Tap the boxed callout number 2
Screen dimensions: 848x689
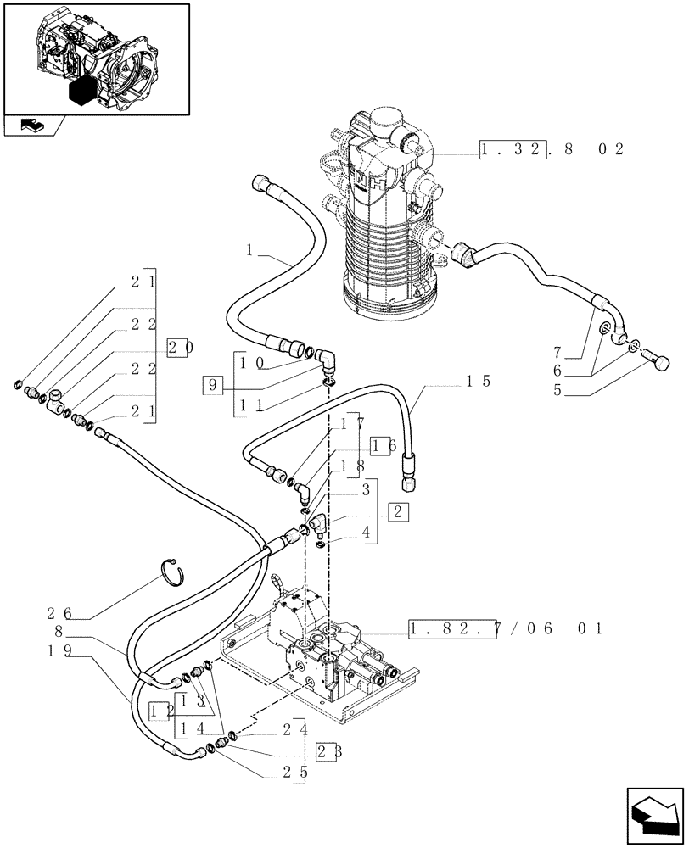click(399, 511)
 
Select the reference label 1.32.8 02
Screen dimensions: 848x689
click(551, 150)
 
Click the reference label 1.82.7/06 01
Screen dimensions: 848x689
click(505, 628)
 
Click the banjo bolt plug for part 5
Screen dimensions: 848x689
click(658, 363)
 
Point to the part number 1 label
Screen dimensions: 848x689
click(249, 250)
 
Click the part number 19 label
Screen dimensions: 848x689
click(59, 650)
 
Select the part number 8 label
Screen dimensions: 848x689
click(59, 632)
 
